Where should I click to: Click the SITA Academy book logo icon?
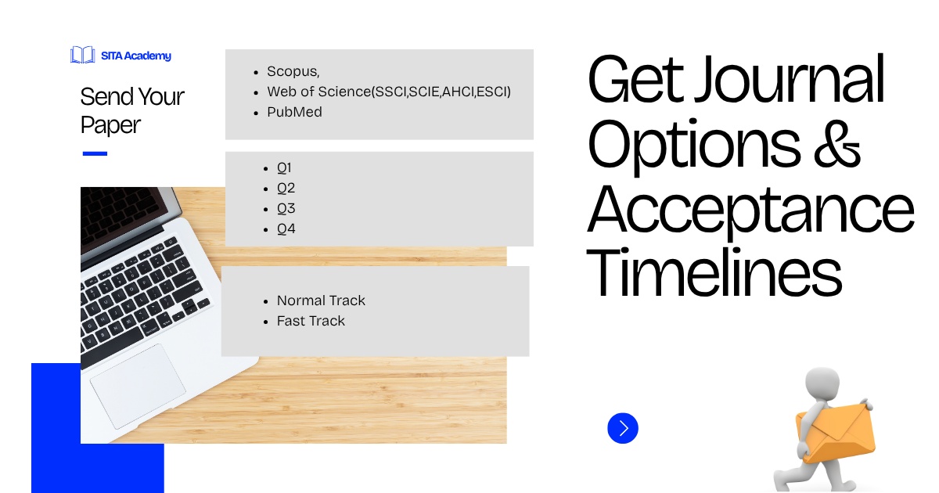coord(83,55)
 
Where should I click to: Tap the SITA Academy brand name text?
coord(136,56)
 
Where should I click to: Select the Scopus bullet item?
coord(293,71)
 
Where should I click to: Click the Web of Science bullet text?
coord(389,92)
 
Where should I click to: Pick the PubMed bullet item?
coord(295,112)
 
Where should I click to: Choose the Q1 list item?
coord(284,167)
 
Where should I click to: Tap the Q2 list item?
coord(286,188)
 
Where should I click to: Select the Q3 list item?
coord(286,208)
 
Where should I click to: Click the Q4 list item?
coord(286,229)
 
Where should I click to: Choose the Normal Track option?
coord(321,300)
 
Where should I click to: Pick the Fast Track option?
coord(311,321)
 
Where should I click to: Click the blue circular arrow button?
coord(623,428)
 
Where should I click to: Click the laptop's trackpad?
coord(138,386)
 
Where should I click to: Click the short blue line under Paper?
coord(95,153)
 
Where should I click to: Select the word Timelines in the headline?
coord(714,272)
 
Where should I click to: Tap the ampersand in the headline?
coord(837,145)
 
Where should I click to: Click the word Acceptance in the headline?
coord(750,210)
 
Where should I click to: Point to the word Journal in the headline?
coord(790,79)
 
